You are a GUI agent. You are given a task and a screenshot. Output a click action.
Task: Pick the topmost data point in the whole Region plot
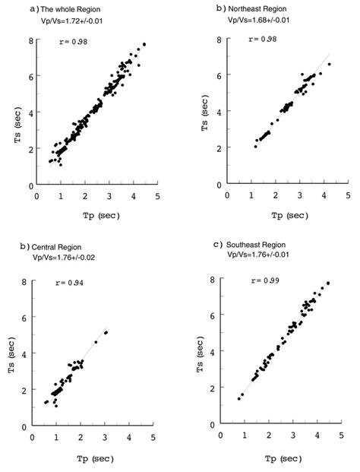[x=144, y=44]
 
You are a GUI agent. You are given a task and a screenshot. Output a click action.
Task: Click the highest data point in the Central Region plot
[x=106, y=332]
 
